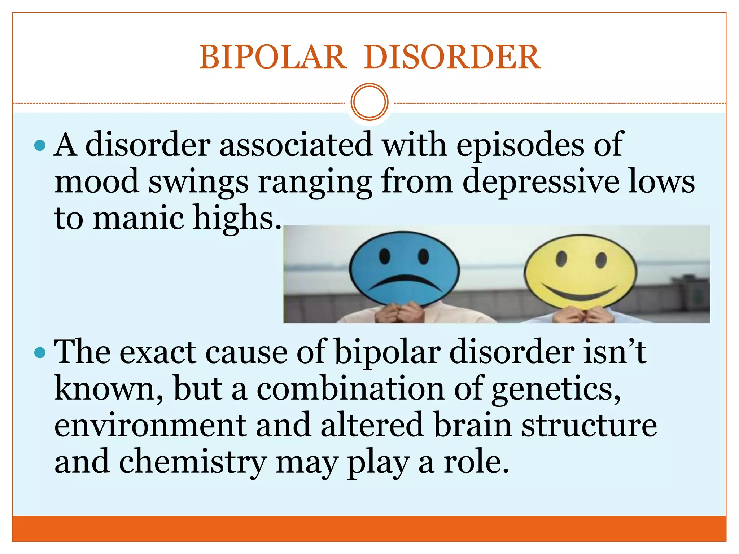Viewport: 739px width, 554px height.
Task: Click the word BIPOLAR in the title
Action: tap(273, 57)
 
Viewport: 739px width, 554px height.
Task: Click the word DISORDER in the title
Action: tap(452, 57)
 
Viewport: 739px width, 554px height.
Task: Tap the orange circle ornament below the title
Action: tap(369, 102)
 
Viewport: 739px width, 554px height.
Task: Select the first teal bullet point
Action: tap(40, 146)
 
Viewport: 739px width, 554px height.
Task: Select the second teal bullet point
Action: tap(40, 353)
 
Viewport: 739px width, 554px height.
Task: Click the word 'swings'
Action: tap(198, 181)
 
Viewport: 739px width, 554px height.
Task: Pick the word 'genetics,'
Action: tap(556, 389)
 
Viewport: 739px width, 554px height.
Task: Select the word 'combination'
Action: tap(350, 389)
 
